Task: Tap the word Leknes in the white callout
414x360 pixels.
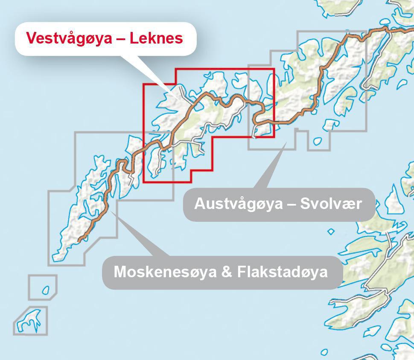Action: (x=156, y=38)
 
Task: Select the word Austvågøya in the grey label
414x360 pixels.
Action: (x=238, y=203)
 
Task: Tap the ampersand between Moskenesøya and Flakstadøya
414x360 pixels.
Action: (x=226, y=272)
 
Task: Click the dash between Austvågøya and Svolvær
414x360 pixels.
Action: (x=292, y=204)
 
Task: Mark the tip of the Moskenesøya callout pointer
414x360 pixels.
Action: (x=110, y=209)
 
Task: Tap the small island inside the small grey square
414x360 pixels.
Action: (x=46, y=290)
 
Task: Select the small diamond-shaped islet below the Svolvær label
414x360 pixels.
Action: (x=331, y=232)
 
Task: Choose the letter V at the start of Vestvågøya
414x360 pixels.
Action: (x=31, y=38)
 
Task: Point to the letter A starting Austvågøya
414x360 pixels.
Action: (x=199, y=203)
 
